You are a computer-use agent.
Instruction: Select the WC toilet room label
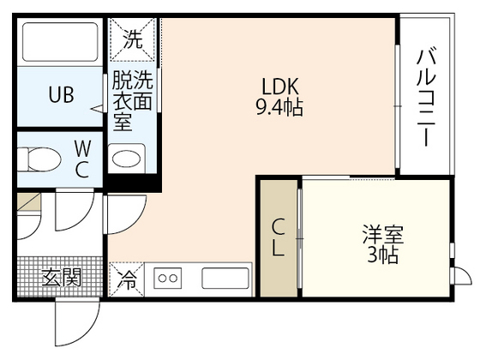click(x=82, y=159)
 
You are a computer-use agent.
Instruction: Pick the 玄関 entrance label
click(x=61, y=277)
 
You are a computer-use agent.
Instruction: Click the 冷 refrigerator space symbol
click(x=126, y=279)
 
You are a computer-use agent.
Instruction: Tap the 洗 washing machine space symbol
click(x=134, y=38)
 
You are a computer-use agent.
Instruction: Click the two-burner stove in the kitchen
click(x=169, y=279)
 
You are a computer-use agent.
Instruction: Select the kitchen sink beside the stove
click(x=225, y=279)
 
